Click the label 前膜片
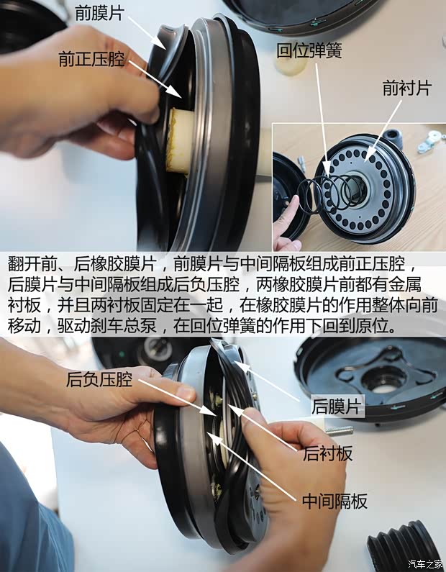click(99, 13)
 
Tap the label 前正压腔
click(92, 59)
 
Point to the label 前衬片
click(406, 88)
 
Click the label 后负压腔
click(99, 378)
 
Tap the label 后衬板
click(327, 453)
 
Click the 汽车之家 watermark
click(427, 563)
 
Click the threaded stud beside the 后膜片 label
click(339, 431)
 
